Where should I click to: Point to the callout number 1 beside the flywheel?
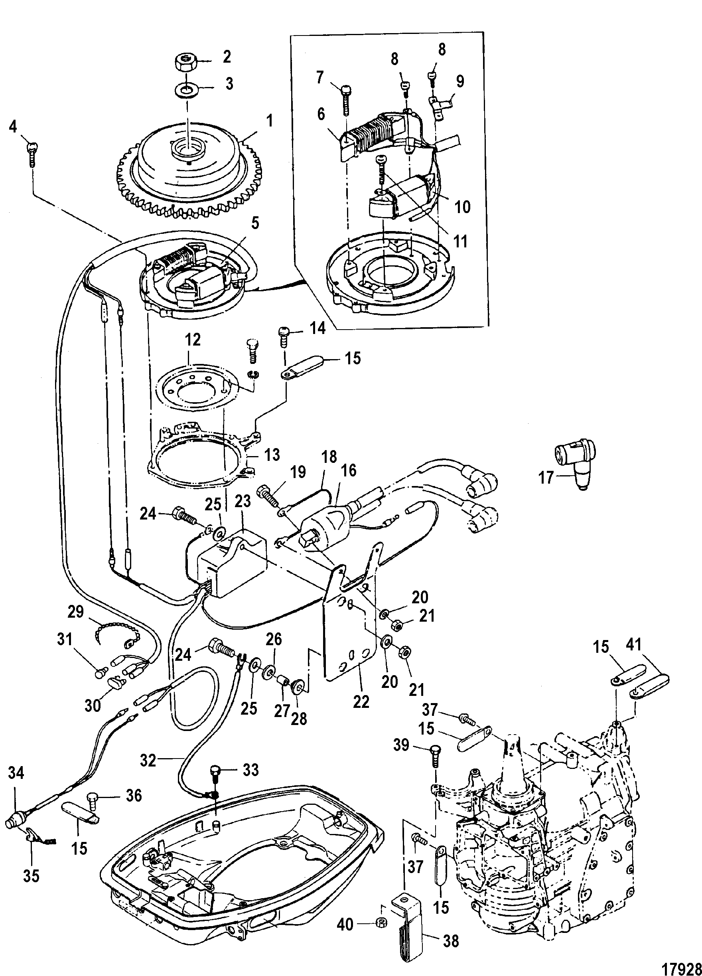(x=270, y=121)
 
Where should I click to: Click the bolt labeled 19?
(x=269, y=494)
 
